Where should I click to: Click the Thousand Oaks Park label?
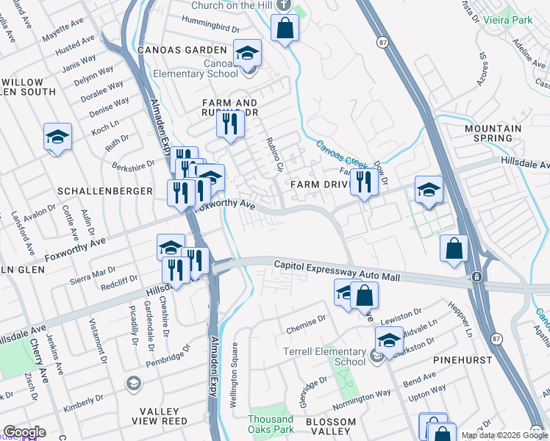click(x=271, y=424)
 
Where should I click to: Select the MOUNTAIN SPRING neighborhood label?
click(x=493, y=133)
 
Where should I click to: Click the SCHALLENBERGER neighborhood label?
click(x=104, y=190)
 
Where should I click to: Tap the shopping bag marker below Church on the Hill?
click(x=285, y=29)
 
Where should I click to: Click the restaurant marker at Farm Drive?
click(x=363, y=181)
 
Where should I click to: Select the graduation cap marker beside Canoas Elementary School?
click(x=248, y=52)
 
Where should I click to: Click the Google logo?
click(x=24, y=432)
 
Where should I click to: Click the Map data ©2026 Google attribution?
click(x=504, y=435)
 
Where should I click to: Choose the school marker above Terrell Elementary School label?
click(x=389, y=340)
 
